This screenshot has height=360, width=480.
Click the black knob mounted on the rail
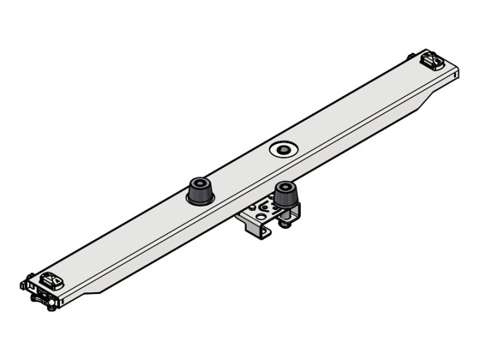click(x=199, y=191)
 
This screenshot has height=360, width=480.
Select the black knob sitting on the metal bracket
click(x=285, y=196)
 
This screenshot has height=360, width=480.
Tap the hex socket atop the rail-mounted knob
click(x=199, y=183)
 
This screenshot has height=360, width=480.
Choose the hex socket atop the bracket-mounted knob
click(x=285, y=186)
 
